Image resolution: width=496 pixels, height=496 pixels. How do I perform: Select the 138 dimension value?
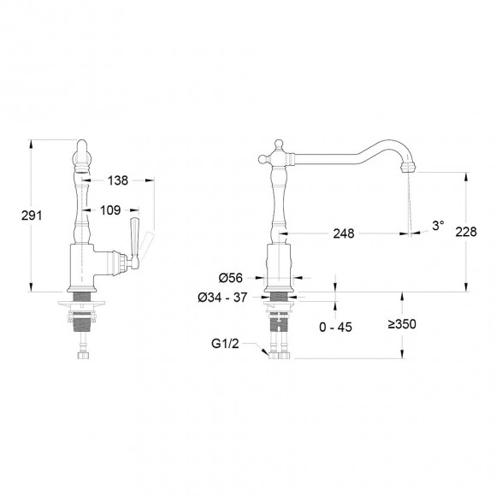[120, 180]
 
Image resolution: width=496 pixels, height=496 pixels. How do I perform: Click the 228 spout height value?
[466, 232]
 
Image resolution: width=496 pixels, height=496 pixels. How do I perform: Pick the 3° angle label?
[438, 225]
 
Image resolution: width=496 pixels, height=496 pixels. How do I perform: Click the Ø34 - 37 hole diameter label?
[226, 297]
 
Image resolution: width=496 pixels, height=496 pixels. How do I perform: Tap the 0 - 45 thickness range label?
[334, 326]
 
